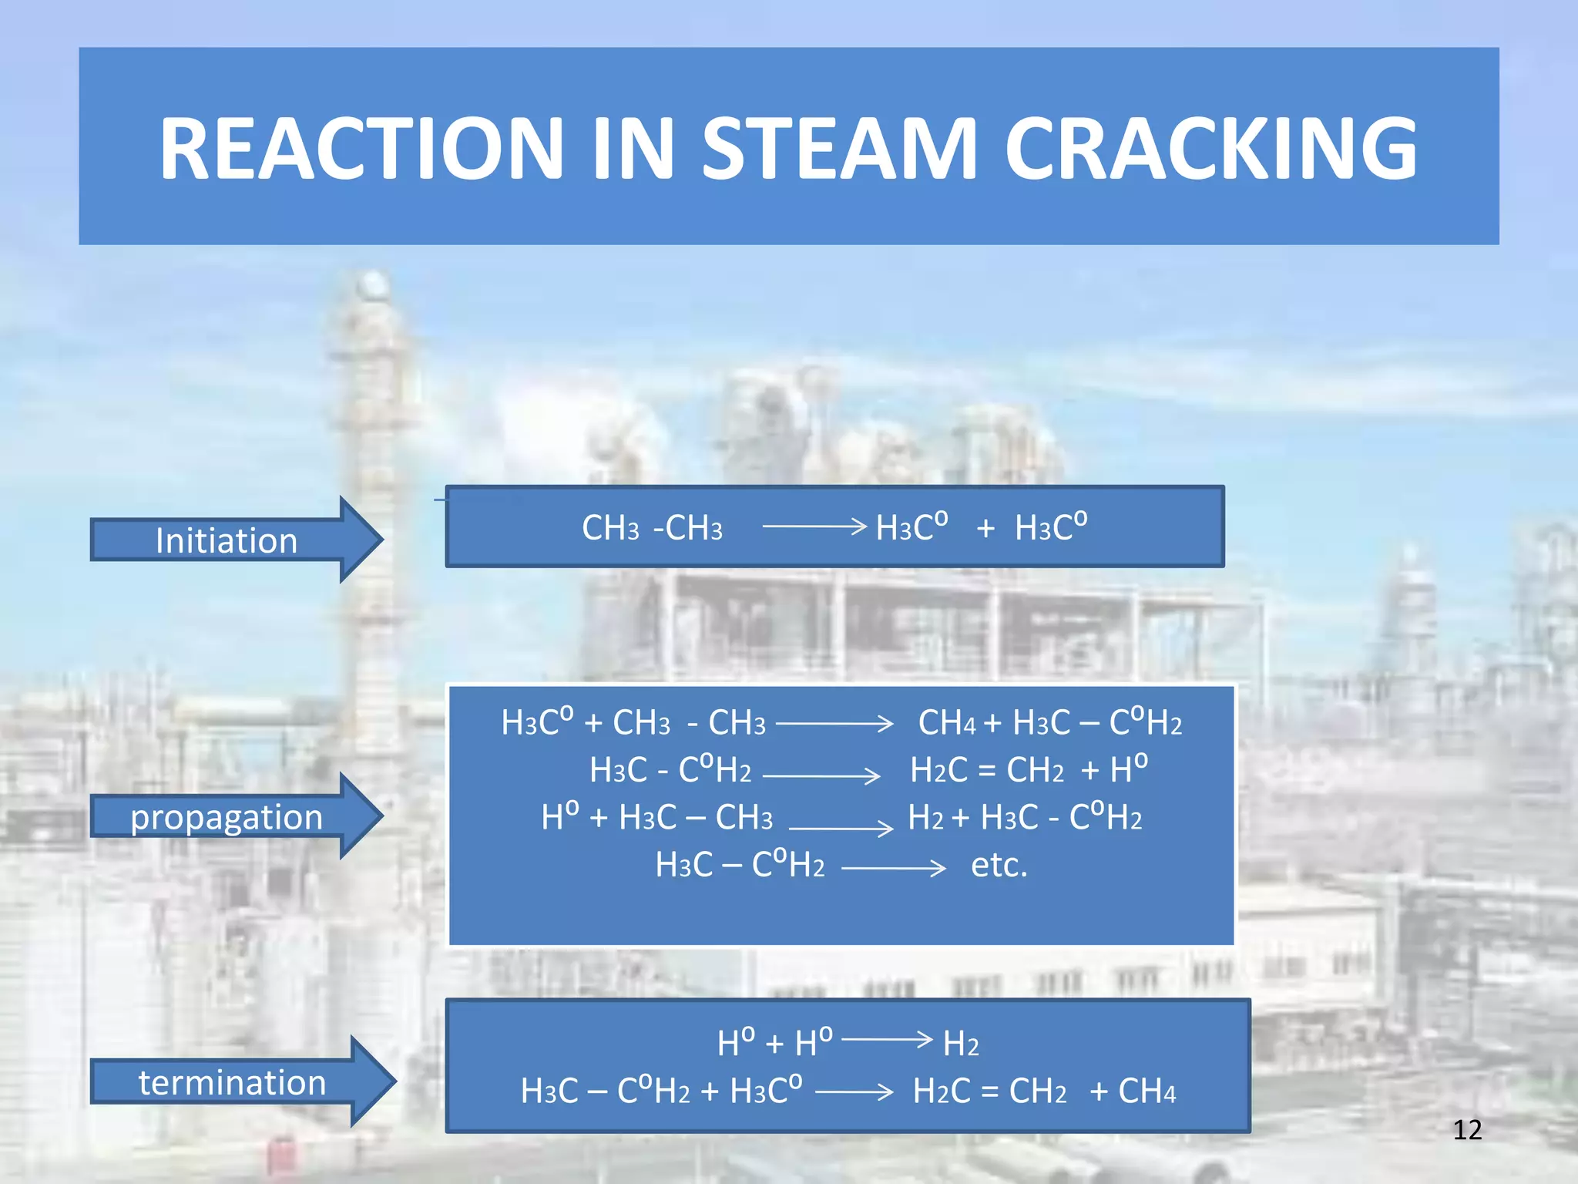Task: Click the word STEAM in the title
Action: (839, 148)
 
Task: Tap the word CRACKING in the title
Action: (1210, 148)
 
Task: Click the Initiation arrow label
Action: (226, 540)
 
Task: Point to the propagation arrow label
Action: (226, 816)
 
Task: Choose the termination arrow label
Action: (232, 1082)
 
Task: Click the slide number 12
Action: (1467, 1130)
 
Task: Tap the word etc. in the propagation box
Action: (999, 865)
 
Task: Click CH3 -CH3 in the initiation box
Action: (652, 528)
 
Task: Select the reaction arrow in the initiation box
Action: (814, 526)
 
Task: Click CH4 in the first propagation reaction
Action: (947, 723)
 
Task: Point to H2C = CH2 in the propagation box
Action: (987, 770)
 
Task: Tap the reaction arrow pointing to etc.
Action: (894, 869)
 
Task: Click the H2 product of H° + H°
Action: (961, 1044)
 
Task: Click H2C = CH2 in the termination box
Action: (990, 1091)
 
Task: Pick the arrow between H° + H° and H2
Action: (887, 1039)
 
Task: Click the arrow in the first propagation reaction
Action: (834, 724)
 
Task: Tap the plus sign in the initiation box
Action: (985, 529)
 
